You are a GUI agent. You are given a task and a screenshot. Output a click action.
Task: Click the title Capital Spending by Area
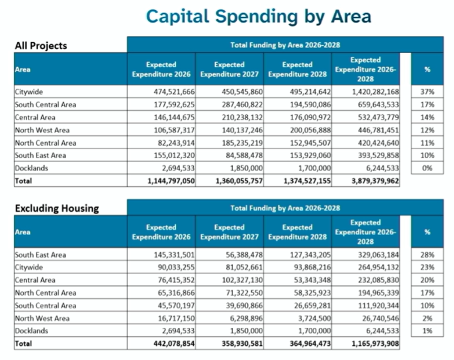[259, 16]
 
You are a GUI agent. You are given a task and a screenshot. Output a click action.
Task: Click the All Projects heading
[41, 46]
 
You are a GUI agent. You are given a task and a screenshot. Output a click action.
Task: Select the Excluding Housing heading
[56, 208]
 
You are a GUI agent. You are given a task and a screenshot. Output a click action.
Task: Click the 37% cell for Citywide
[427, 92]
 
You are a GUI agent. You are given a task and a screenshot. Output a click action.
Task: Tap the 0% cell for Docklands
[427, 168]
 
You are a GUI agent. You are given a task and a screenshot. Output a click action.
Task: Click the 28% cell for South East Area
[427, 255]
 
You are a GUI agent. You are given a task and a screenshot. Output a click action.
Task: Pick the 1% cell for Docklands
[427, 331]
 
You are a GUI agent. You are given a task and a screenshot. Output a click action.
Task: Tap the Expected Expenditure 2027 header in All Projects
[229, 70]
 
